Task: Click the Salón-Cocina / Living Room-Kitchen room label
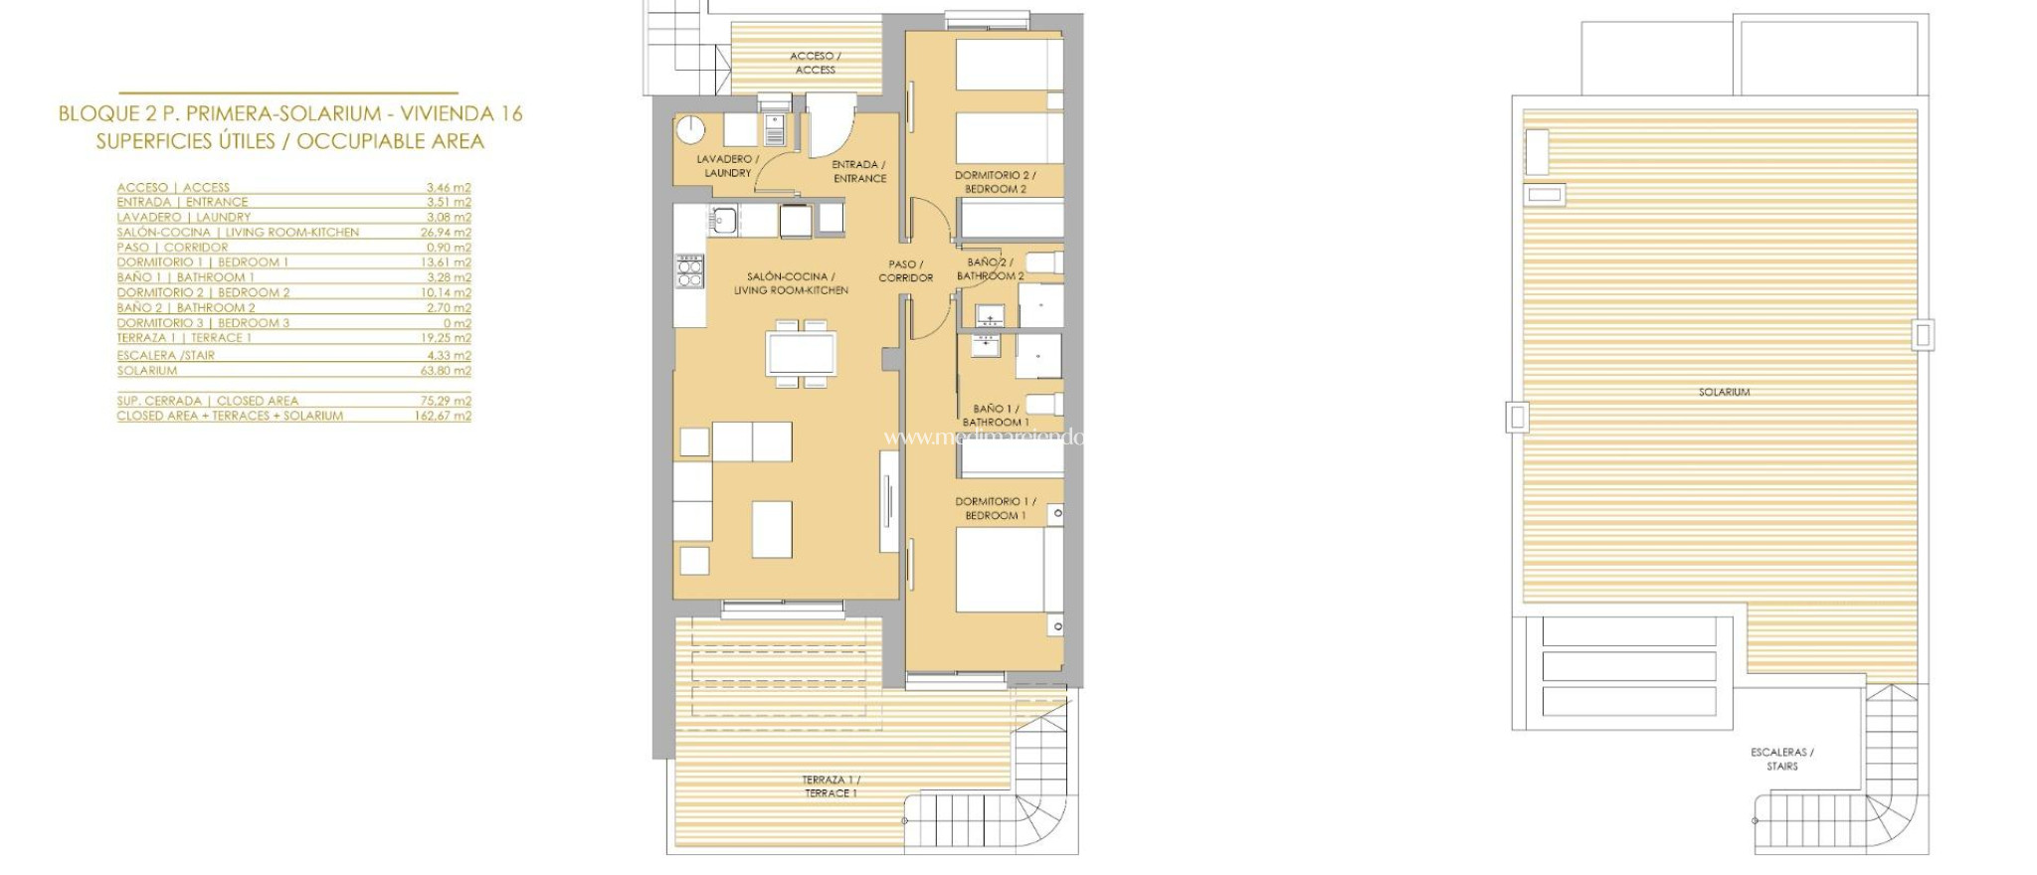tap(791, 283)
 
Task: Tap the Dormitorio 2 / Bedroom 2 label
tap(995, 182)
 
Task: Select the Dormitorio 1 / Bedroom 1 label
tap(995, 508)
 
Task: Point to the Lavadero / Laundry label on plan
tap(727, 166)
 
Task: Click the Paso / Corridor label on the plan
tap(905, 271)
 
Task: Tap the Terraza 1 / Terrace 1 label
tap(831, 787)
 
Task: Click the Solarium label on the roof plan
tap(1724, 392)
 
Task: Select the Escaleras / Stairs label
tap(1781, 759)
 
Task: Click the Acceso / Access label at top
tap(816, 63)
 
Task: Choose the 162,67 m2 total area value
tap(443, 416)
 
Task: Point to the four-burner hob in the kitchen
tap(689, 271)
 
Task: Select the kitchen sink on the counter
tap(723, 219)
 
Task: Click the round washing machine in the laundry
tap(690, 130)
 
